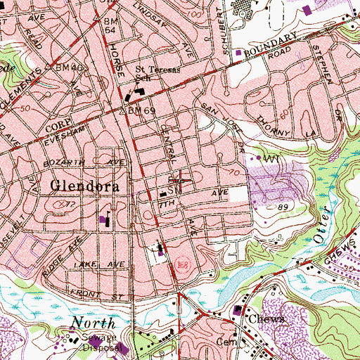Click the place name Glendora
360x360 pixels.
tap(89, 186)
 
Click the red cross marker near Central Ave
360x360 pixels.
tap(180, 179)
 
